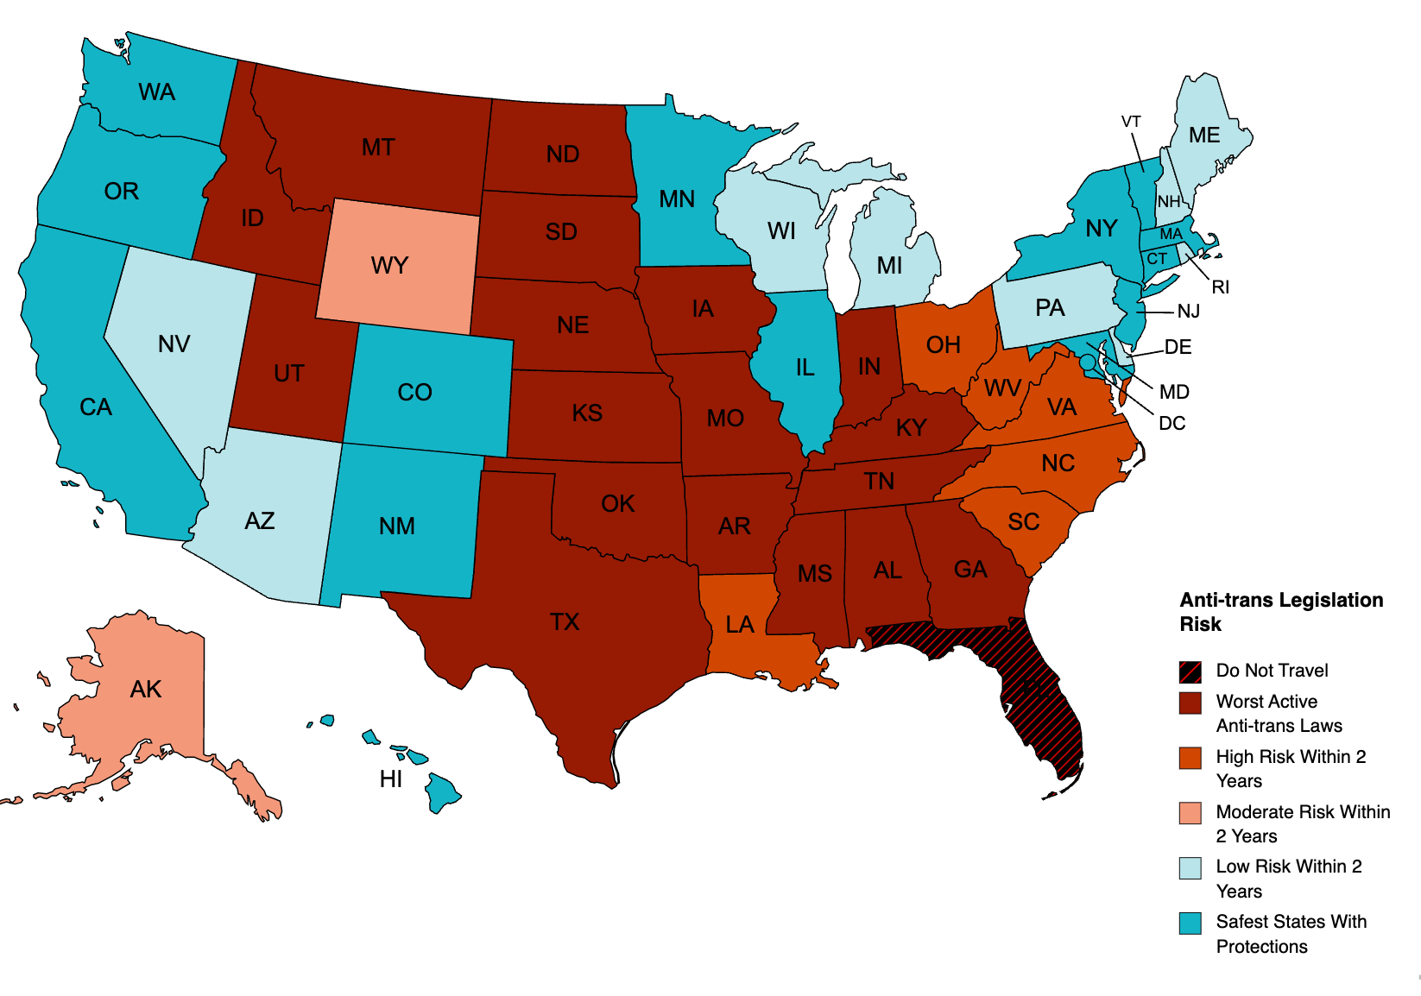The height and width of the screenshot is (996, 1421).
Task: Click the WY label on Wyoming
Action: [x=389, y=266]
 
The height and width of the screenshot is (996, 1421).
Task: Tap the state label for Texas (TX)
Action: [x=565, y=622]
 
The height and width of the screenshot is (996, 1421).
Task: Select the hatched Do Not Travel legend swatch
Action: [x=1190, y=671]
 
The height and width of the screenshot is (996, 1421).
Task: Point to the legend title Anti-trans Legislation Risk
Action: [x=1281, y=612]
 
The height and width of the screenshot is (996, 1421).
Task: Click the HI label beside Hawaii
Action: [x=391, y=779]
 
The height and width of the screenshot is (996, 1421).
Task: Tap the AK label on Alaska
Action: [x=146, y=690]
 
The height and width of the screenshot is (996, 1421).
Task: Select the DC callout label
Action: [x=1172, y=424]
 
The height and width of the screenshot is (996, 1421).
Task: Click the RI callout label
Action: [x=1220, y=287]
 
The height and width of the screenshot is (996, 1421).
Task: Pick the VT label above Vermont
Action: [x=1131, y=122]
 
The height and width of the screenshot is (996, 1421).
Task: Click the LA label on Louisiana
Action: [x=740, y=625]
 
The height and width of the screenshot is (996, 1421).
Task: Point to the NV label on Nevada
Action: [x=174, y=344]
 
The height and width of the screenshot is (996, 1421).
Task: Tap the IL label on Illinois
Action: [x=805, y=368]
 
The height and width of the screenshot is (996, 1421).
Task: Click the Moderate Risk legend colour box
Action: [x=1190, y=813]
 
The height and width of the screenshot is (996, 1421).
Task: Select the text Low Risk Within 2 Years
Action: [x=1288, y=879]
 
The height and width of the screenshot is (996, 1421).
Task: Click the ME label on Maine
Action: [x=1203, y=136]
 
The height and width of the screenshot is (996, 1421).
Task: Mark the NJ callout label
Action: [x=1189, y=312]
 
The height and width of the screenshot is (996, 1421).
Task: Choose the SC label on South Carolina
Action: [x=1024, y=522]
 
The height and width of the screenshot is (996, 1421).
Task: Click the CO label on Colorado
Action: [x=414, y=393]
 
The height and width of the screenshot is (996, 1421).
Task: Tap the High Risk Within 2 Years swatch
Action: [x=1190, y=758]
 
